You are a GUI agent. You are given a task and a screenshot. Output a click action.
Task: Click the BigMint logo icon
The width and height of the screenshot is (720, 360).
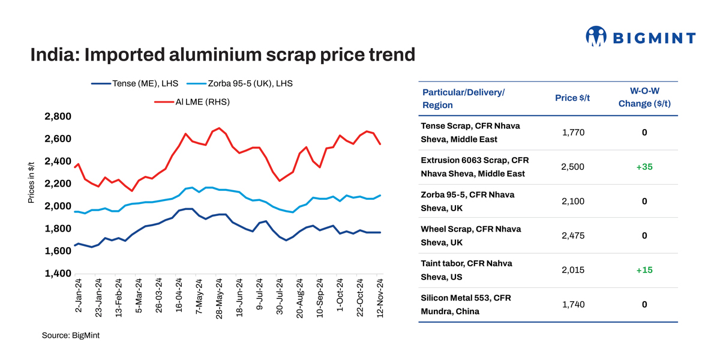[596, 37]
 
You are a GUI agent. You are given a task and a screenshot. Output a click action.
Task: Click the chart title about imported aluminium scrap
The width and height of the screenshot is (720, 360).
[223, 55]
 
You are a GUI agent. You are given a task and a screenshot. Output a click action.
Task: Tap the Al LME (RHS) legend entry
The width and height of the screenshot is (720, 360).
[192, 102]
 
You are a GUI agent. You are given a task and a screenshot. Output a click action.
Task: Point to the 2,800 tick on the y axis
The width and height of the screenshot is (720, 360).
[58, 116]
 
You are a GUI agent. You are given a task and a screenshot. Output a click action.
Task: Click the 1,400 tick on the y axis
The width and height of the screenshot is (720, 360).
[58, 274]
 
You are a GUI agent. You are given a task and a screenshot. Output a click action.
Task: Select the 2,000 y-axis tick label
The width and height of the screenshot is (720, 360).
[58, 206]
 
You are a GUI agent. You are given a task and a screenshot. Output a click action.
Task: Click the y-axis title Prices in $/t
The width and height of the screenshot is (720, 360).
[31, 182]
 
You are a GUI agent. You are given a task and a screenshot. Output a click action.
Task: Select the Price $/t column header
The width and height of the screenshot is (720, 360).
[572, 98]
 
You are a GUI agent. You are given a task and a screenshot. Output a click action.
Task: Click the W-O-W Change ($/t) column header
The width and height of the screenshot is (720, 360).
[644, 98]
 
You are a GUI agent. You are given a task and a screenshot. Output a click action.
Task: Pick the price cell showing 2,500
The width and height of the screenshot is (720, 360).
[572, 167]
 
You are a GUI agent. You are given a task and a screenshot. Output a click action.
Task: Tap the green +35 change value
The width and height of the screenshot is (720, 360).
[644, 167]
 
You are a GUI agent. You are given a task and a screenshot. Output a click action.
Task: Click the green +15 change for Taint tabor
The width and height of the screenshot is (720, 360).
[644, 270]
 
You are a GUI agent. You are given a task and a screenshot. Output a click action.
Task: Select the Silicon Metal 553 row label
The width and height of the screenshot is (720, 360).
[466, 304]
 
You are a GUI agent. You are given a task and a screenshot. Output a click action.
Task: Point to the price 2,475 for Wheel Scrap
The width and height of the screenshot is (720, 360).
[572, 236]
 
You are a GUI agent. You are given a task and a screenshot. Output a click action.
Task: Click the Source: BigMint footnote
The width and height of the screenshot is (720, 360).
[71, 335]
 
